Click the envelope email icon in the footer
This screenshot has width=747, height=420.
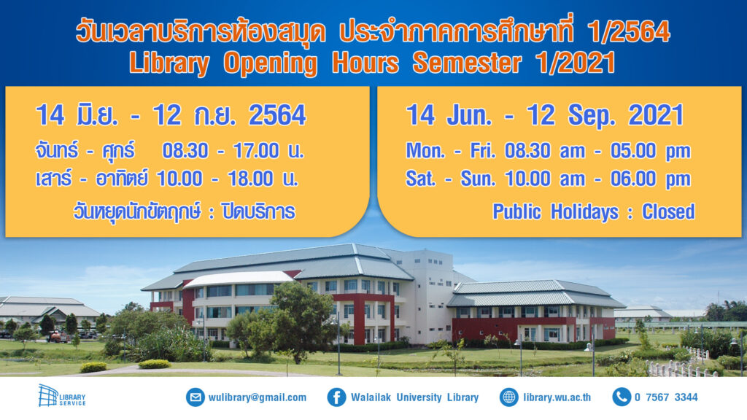195,397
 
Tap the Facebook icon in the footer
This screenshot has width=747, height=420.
336,397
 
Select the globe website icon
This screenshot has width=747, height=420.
509,397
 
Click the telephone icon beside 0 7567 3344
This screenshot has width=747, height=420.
621,397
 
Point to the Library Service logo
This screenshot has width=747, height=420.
61,396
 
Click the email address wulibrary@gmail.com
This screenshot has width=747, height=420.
257,397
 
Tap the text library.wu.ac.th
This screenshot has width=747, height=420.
557,397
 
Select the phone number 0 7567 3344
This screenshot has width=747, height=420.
665,397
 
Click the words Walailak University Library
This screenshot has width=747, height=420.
414,397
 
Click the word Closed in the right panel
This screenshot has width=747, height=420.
667,211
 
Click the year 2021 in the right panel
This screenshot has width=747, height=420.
655,116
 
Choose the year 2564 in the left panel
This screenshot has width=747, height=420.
277,116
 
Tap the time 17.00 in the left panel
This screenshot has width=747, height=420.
255,152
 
